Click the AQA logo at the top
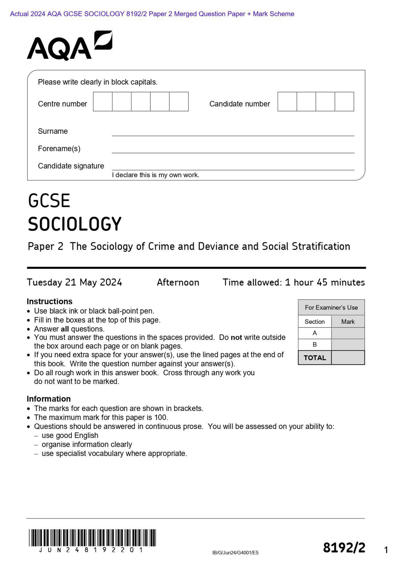coord(69,46)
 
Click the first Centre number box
coord(103,102)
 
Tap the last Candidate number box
coord(344,102)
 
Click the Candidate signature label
coord(71,166)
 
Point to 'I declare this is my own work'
coord(155,175)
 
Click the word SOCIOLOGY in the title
coord(75,224)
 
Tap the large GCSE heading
coord(49,201)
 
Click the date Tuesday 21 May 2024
coord(74,282)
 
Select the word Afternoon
coord(178,282)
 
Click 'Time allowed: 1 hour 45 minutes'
coord(293,282)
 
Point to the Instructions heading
coord(49,301)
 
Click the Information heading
coord(49,399)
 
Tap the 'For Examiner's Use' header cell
coord(331,308)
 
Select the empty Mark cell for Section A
coord(348,333)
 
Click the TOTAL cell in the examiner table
coord(315,358)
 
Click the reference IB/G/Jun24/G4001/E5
coord(235,553)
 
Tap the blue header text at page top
coord(152,14)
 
